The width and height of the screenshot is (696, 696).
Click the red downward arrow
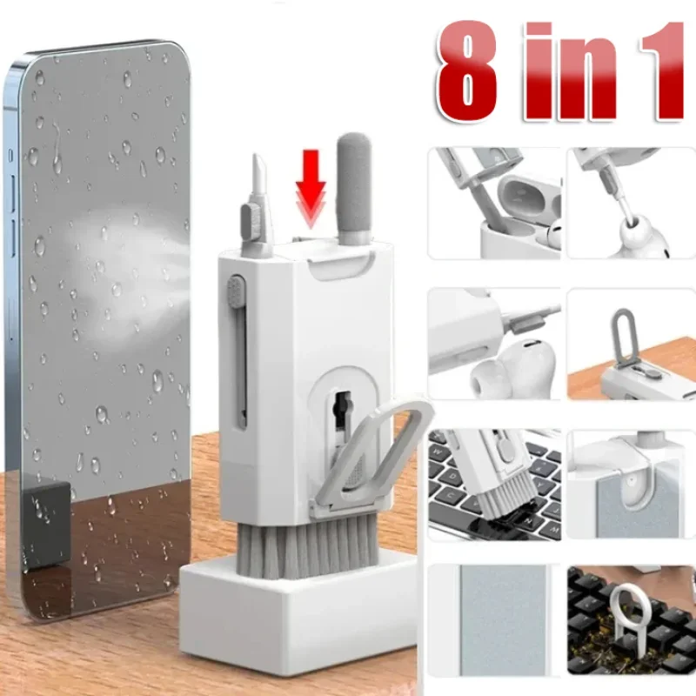click(x=311, y=189)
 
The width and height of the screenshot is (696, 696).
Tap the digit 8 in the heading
click(x=467, y=71)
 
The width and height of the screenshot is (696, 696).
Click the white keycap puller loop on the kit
click(x=373, y=458)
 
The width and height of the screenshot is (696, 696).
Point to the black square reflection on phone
click(x=47, y=524)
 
